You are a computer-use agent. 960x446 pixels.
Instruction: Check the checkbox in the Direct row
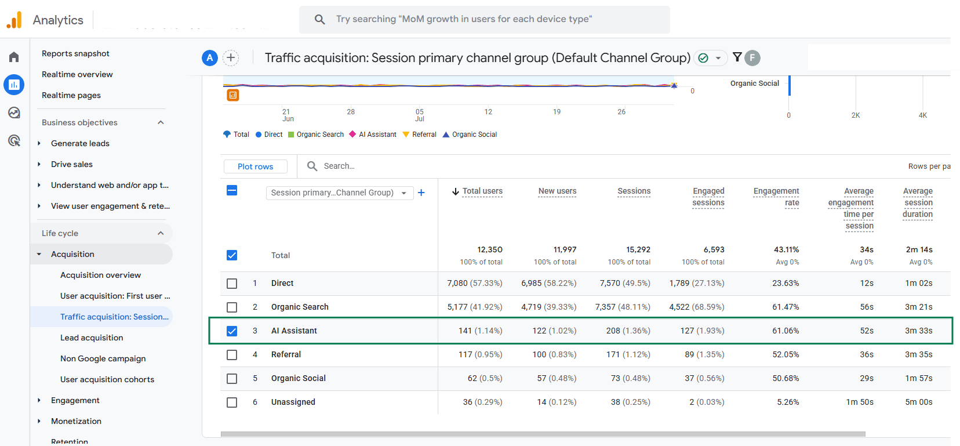(x=232, y=284)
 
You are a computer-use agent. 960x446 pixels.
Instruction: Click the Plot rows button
(x=256, y=166)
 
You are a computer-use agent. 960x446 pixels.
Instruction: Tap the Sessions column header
(x=634, y=191)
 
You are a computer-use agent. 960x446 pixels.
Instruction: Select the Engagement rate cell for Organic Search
(x=786, y=307)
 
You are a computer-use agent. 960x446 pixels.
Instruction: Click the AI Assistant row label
(x=294, y=331)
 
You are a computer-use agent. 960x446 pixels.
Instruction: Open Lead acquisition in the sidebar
(x=92, y=338)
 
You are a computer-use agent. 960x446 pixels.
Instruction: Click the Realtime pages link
(x=71, y=95)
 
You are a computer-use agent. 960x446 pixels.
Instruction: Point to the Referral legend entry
(x=420, y=135)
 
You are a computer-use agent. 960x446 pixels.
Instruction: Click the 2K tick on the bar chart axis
(x=856, y=115)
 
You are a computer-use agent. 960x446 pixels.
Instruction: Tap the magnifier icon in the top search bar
(x=320, y=19)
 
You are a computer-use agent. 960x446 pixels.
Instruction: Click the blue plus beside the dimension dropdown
(x=421, y=193)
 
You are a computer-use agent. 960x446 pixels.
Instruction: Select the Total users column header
(x=478, y=191)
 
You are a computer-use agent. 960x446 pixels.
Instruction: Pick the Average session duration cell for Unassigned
(x=918, y=403)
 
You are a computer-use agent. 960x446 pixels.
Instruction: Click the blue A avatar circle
(x=210, y=58)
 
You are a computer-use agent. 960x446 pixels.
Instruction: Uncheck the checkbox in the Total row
(x=232, y=256)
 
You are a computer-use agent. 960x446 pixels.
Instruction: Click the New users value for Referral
(x=555, y=355)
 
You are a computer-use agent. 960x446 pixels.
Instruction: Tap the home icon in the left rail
(x=14, y=57)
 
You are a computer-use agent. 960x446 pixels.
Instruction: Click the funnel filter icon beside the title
(x=737, y=57)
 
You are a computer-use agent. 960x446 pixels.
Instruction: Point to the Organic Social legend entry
(x=470, y=135)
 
